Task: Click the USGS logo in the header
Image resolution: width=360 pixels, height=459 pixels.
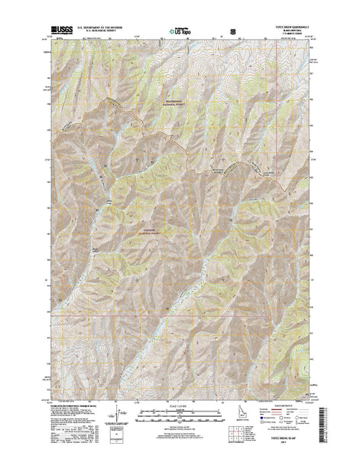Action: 64,31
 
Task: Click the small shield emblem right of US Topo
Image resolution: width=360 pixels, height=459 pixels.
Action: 222,33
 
